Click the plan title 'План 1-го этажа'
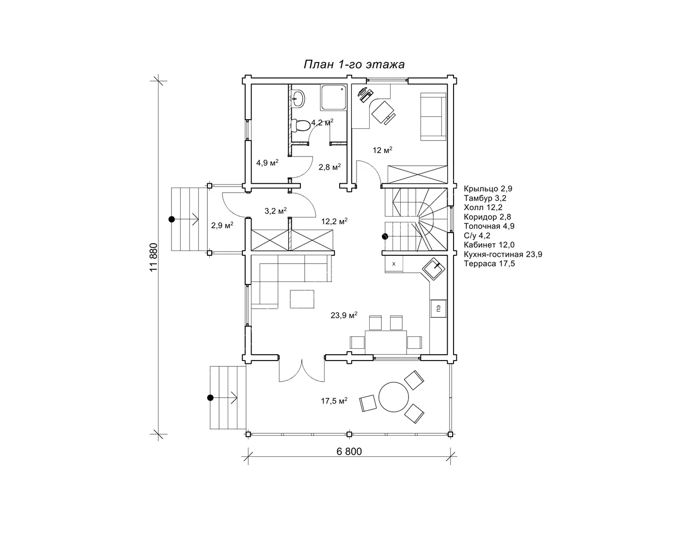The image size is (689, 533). coord(354,64)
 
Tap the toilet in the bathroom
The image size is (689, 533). coord(299,125)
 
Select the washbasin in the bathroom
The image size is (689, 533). coord(298,99)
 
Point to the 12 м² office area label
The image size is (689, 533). coord(382,150)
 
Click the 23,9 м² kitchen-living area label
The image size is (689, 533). coord(344,315)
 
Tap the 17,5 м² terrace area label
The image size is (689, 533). coord(334,401)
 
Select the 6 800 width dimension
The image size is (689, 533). coord(349,451)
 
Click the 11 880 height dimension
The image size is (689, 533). coord(154,257)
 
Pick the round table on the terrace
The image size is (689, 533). coord(393,397)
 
